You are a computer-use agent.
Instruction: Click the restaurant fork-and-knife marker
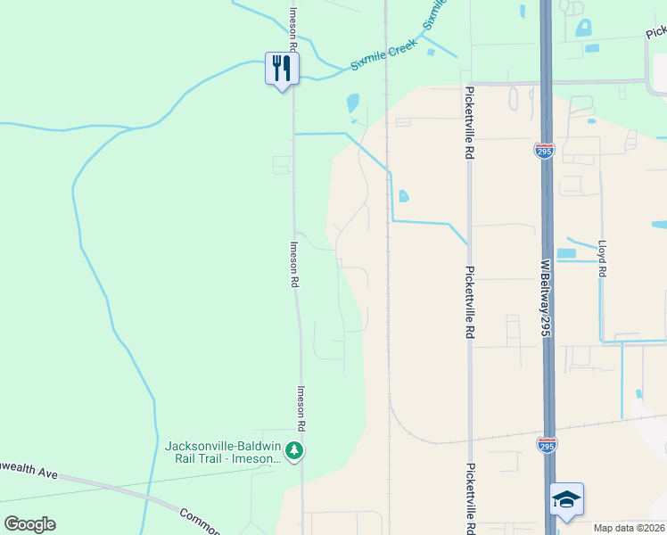282,69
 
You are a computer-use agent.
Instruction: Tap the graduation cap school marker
566,499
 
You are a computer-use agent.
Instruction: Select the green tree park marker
295,451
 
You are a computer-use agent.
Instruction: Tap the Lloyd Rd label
603,259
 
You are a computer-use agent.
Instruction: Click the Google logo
29,524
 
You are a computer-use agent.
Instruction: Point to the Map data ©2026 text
630,528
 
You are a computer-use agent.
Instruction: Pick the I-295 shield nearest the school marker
546,443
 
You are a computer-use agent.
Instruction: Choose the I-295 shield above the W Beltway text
544,151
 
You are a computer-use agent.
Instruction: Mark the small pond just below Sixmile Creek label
352,103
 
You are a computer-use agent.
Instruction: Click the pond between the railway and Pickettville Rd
404,195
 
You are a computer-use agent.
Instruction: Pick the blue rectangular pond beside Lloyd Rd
566,253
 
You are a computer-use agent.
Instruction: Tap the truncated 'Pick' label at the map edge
656,32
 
